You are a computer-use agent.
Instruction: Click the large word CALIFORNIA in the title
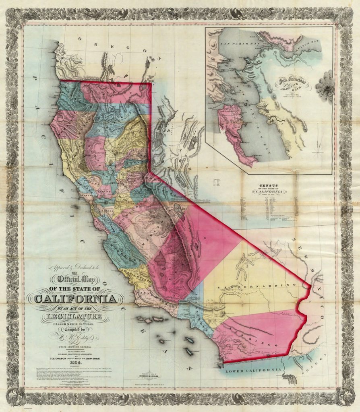(x=75, y=299)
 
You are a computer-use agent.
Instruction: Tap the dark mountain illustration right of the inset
(x=325, y=86)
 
